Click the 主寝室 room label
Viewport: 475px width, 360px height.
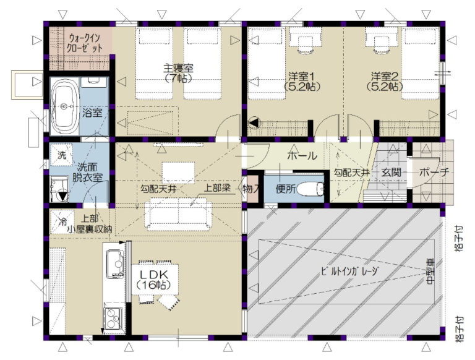[178, 68]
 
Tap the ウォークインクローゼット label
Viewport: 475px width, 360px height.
[85, 43]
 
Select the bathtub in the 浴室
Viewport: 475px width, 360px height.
[64, 106]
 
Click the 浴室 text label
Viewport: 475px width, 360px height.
[92, 113]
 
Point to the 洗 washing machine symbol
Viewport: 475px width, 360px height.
[61, 155]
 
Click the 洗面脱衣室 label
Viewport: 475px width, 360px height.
[87, 172]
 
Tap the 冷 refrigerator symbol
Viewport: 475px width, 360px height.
[62, 221]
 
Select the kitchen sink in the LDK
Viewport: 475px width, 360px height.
[115, 264]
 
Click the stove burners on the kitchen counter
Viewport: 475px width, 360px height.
[114, 318]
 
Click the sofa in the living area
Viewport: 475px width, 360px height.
[178, 213]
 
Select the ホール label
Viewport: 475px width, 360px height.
[302, 156]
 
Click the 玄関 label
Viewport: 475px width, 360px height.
[392, 172]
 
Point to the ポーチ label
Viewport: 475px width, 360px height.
[434, 172]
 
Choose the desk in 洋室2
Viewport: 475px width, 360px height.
[380, 37]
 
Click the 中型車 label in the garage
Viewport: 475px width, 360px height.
[430, 271]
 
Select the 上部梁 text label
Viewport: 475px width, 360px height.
[217, 188]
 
